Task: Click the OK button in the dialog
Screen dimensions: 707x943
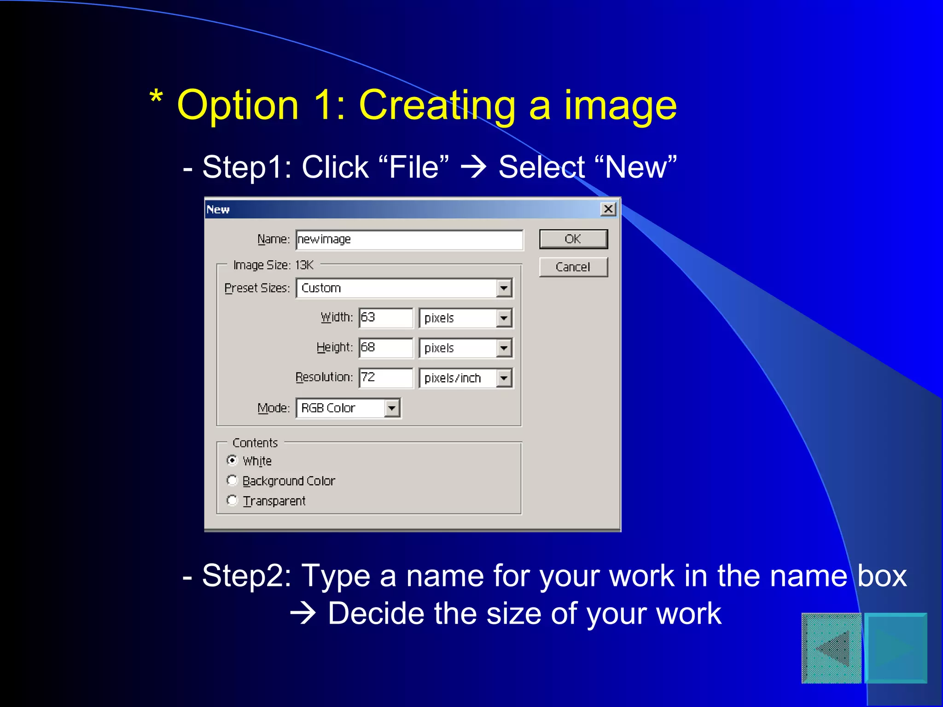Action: point(573,239)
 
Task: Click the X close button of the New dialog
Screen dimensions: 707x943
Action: point(608,209)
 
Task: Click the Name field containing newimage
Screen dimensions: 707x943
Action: point(409,239)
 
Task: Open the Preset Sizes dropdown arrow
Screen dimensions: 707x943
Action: point(504,289)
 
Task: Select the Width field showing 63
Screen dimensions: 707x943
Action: point(385,318)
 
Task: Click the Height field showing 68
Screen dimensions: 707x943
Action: point(385,348)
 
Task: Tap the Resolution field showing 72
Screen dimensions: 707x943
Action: point(385,377)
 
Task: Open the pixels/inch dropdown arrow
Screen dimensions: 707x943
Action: point(504,378)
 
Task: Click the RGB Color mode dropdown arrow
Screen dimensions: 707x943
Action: point(392,408)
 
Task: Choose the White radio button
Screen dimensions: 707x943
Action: point(233,460)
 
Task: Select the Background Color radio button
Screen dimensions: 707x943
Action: point(233,481)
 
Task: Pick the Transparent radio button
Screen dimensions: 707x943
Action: point(233,500)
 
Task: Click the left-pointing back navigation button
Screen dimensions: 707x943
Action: point(832,648)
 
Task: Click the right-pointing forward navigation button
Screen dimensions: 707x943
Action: point(896,648)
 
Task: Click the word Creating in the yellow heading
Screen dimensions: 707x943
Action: point(437,106)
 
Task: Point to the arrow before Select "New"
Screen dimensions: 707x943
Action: point(473,167)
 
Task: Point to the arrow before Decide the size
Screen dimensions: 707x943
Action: point(303,614)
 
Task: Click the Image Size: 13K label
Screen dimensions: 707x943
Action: point(273,265)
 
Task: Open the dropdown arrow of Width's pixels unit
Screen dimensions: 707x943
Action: point(504,318)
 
